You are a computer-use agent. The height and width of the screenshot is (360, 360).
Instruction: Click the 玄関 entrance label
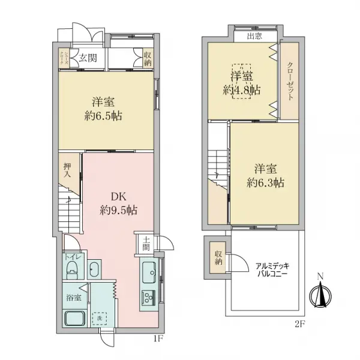[88, 58]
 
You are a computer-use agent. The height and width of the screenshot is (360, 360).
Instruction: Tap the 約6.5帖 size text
[103, 116]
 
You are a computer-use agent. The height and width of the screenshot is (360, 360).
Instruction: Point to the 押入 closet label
[69, 170]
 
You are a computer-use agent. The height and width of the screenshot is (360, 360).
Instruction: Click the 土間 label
[146, 244]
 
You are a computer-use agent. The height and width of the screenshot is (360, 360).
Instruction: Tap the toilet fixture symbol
[72, 269]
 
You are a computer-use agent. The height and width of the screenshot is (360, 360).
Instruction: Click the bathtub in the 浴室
[75, 319]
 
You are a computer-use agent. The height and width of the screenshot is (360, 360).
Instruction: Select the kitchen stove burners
[148, 296]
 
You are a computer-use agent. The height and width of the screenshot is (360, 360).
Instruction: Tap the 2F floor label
[301, 324]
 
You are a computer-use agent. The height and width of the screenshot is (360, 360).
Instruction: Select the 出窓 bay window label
[254, 37]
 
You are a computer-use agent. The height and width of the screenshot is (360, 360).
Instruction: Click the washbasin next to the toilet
[94, 269]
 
